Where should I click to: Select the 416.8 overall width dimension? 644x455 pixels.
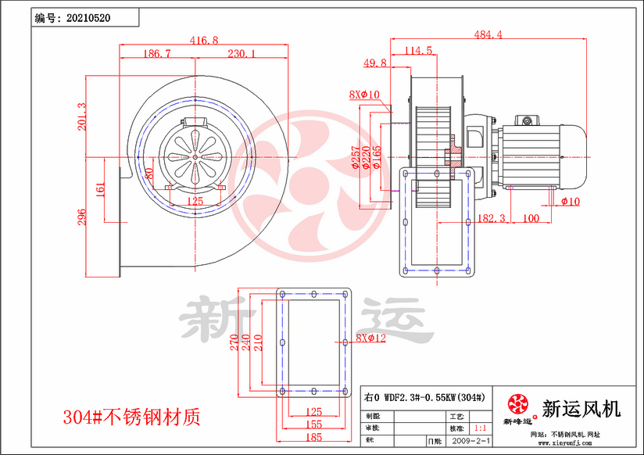pos(204,40)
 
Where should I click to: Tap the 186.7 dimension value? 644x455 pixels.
pos(157,54)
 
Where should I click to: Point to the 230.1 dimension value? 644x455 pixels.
pos(241,54)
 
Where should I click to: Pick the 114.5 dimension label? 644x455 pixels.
pos(420,51)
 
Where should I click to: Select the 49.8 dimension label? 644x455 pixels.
pos(375,63)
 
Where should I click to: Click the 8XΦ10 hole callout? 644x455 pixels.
pos(364,95)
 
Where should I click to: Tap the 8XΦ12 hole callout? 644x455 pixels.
pos(371,338)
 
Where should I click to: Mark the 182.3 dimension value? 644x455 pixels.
pos(491,218)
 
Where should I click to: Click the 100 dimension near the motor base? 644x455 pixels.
pos(531,218)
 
